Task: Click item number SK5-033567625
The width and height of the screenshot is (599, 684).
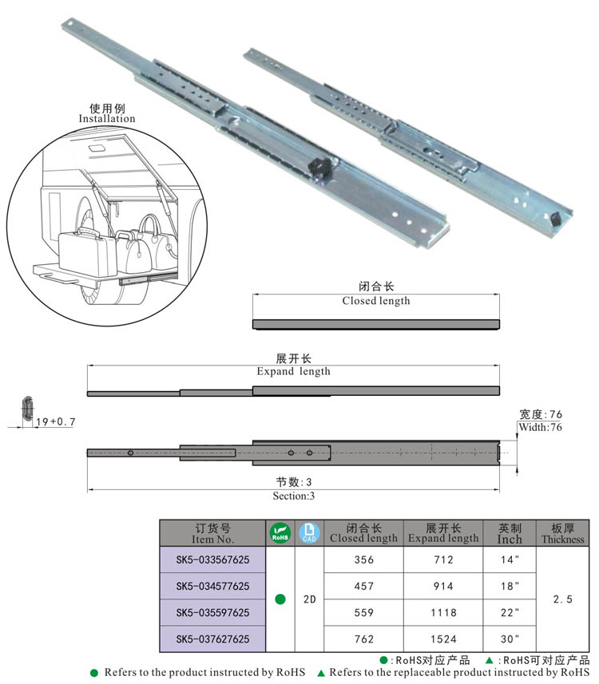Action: coord(212,560)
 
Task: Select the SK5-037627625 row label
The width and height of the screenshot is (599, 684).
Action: coord(212,639)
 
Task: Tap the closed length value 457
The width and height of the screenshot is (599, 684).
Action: coord(363,586)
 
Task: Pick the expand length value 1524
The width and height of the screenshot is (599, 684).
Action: coord(443,639)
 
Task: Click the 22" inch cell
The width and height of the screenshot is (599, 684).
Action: coord(510,612)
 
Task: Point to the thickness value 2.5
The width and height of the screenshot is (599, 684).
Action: coord(562,599)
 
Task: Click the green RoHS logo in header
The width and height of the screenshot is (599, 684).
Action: coord(280,533)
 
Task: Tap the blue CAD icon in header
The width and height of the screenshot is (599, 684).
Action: coord(309,533)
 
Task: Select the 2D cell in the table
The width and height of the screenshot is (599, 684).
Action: coord(309,599)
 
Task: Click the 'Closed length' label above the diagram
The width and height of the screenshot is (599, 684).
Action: coord(375,301)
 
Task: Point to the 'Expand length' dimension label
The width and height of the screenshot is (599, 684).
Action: coord(293,371)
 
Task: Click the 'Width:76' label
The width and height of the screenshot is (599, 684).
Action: coord(541,428)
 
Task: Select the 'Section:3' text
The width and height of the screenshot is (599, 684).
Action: coord(294,496)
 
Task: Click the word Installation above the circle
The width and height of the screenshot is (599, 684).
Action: coord(107,119)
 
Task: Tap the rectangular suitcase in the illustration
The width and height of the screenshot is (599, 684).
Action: coord(84,251)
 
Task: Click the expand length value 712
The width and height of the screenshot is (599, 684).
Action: coord(443,560)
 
